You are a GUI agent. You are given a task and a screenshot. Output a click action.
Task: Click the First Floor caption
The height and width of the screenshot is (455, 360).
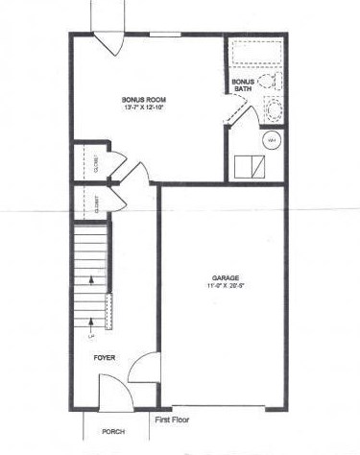(170, 419)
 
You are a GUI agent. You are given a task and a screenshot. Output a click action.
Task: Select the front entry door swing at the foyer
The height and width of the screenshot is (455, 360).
(114, 390)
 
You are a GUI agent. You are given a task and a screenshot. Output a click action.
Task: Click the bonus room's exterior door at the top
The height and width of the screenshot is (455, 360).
(108, 44)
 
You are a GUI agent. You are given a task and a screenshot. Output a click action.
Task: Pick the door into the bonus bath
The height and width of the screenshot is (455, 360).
(242, 111)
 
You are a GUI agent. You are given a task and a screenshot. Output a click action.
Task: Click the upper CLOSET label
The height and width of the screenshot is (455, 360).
(98, 159)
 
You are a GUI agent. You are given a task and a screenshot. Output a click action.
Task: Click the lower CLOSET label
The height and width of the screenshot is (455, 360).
(98, 203)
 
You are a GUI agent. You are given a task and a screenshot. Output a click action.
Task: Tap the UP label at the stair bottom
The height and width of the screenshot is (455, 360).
(92, 337)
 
